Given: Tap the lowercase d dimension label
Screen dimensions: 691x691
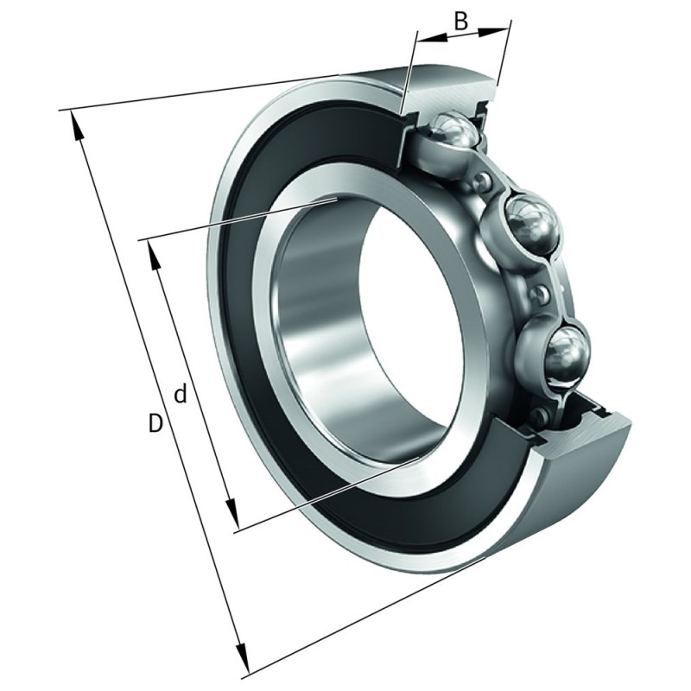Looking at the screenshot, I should coord(181,395).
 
